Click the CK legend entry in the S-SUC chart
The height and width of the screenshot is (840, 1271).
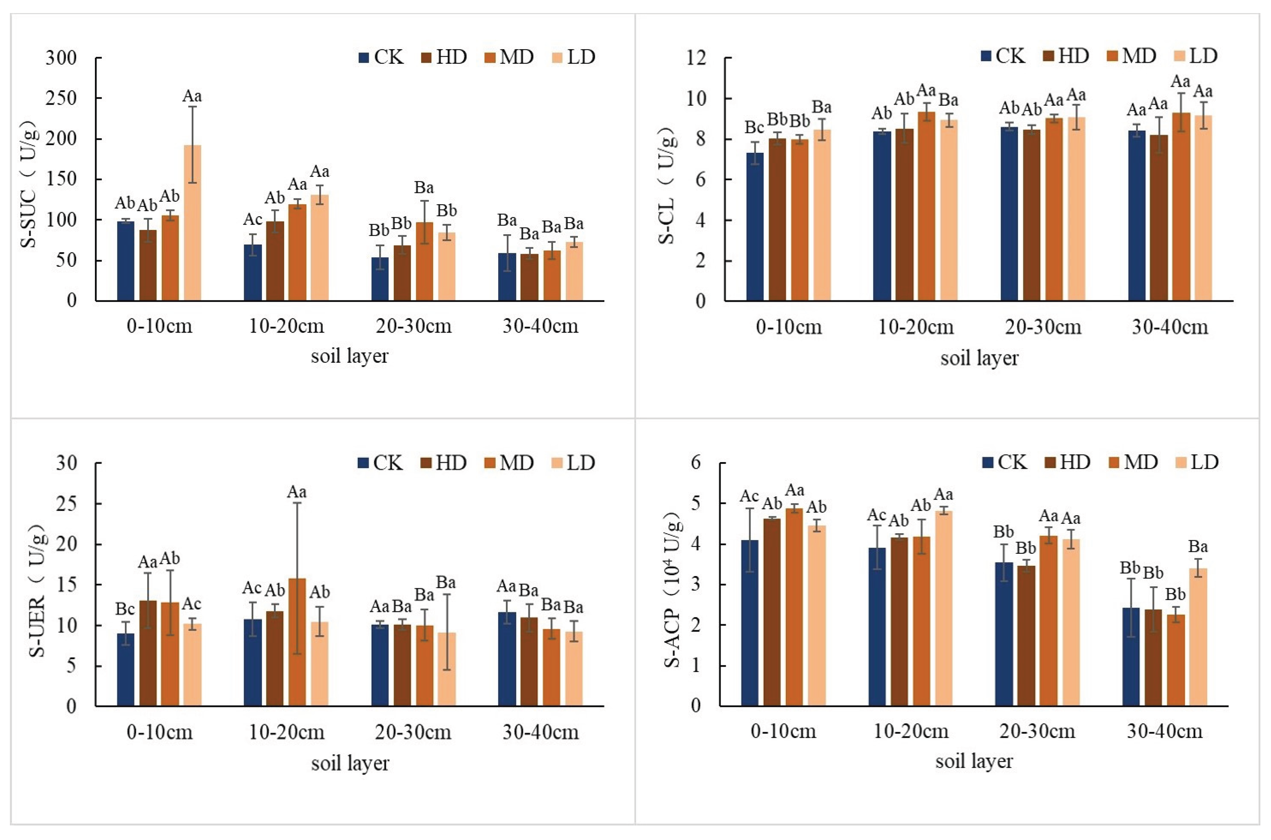click(x=381, y=57)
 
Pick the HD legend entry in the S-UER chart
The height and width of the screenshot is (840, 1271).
click(x=443, y=463)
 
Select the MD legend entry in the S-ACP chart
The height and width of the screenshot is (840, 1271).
click(x=1133, y=462)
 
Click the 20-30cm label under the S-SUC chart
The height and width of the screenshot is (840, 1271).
click(x=414, y=326)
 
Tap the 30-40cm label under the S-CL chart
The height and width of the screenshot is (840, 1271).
click(x=1170, y=327)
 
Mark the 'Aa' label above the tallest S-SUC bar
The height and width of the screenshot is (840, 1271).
click(x=192, y=97)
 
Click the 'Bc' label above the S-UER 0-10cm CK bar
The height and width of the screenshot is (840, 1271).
click(x=125, y=609)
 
